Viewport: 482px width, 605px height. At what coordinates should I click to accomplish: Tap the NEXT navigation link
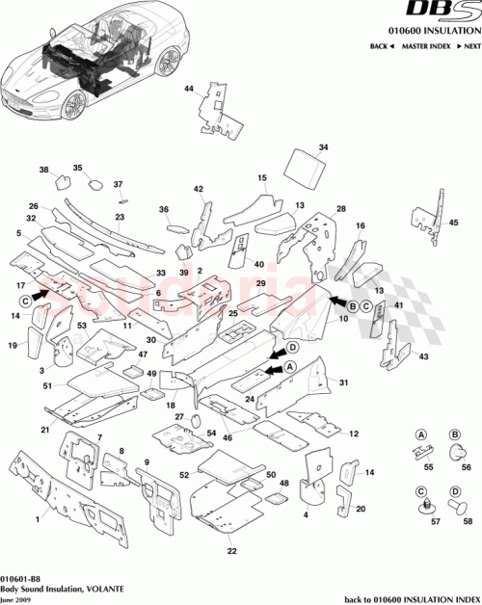[469, 46]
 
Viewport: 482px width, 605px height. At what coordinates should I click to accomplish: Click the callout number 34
[324, 147]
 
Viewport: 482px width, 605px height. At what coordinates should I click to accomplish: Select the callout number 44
[189, 90]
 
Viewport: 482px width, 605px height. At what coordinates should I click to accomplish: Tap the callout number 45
[453, 223]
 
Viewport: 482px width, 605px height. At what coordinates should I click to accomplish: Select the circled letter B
[353, 305]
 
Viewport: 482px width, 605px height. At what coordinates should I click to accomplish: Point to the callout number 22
[231, 551]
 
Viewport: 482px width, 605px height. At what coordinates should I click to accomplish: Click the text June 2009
[16, 597]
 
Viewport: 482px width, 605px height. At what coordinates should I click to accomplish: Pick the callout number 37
[119, 184]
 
